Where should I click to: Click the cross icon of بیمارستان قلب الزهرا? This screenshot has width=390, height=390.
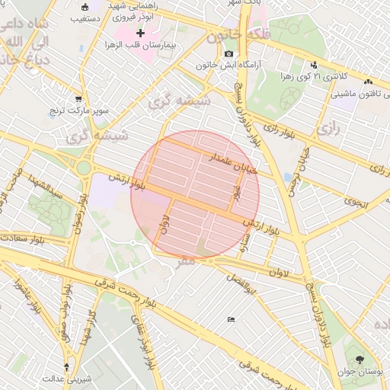pos(140,34)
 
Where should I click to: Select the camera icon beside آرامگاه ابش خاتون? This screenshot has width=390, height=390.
pos(229,53)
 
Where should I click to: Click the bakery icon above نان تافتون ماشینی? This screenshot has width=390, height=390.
pos(369,81)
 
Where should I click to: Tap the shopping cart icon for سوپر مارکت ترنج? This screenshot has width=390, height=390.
pos(78,99)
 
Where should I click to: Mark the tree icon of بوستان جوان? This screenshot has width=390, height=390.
pos(360,360)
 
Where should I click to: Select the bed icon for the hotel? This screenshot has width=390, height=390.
pos(231,319)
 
